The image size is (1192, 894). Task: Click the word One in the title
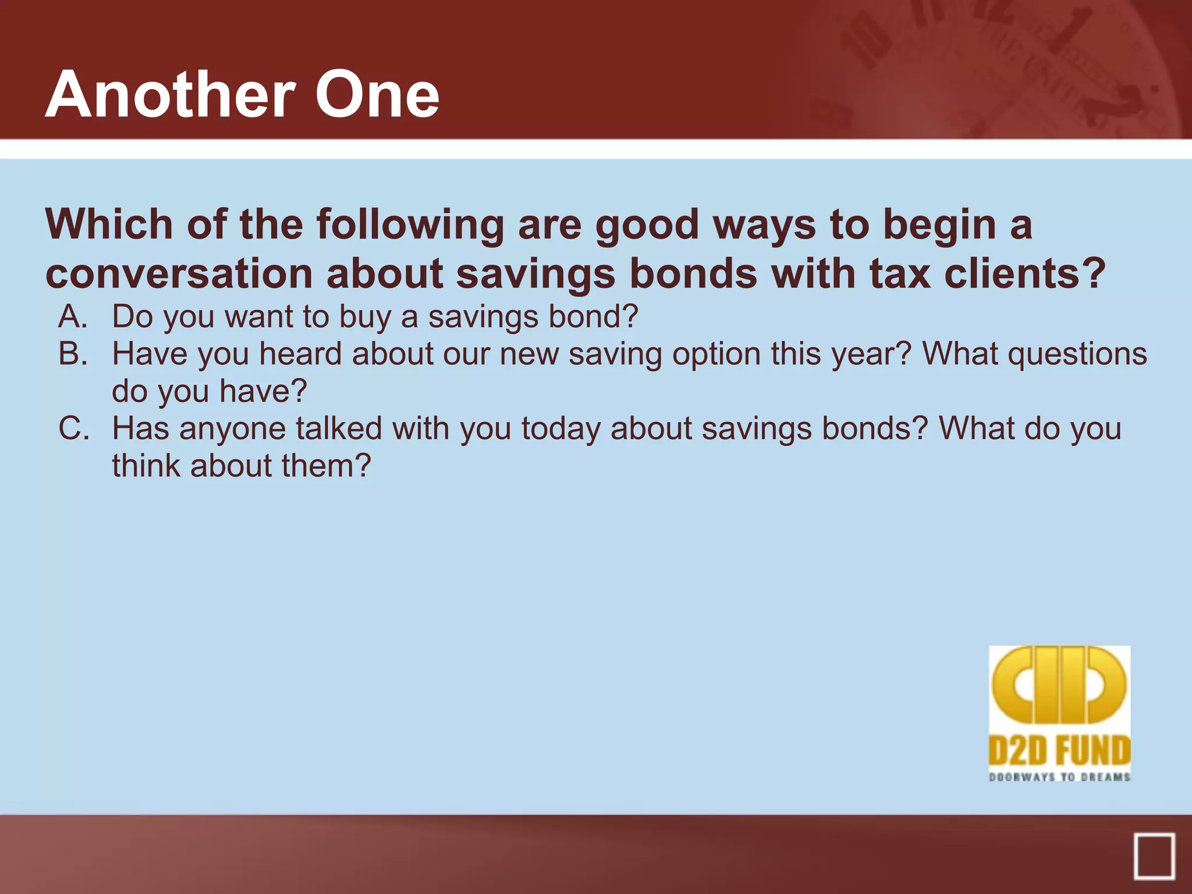[377, 95]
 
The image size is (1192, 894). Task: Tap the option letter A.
[73, 317]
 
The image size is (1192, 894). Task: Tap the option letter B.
[73, 354]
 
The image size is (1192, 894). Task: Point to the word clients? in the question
[1024, 274]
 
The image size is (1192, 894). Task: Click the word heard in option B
[300, 354]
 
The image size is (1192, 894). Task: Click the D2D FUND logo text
[1059, 750]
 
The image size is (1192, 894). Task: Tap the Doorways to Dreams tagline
[1059, 777]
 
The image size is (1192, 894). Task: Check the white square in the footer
[1154, 856]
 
